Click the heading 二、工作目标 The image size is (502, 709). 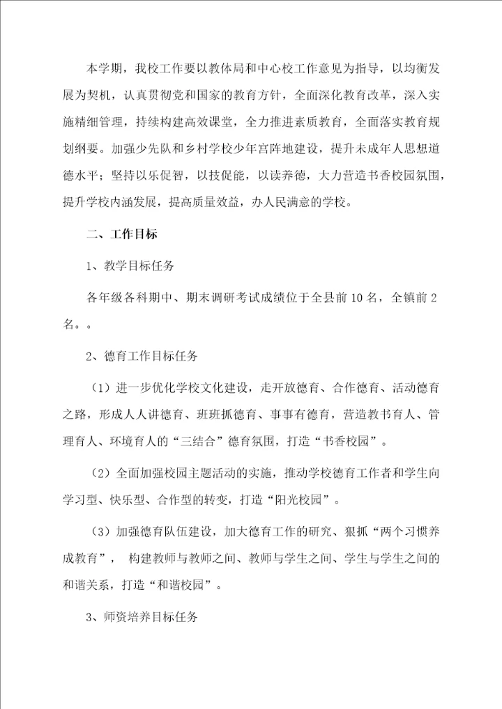(x=126, y=234)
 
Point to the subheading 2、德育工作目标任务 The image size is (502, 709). (x=142, y=355)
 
